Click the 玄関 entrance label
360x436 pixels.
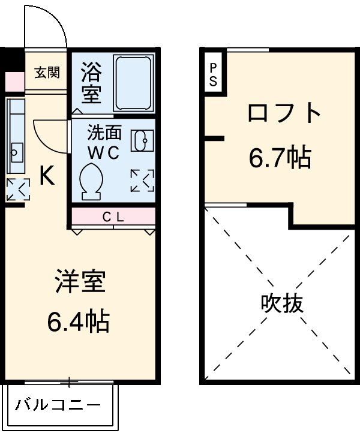(46, 73)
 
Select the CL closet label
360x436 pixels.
(113, 217)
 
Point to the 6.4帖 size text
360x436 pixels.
(79, 323)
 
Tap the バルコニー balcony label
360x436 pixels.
(58, 405)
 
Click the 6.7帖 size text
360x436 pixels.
(280, 157)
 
